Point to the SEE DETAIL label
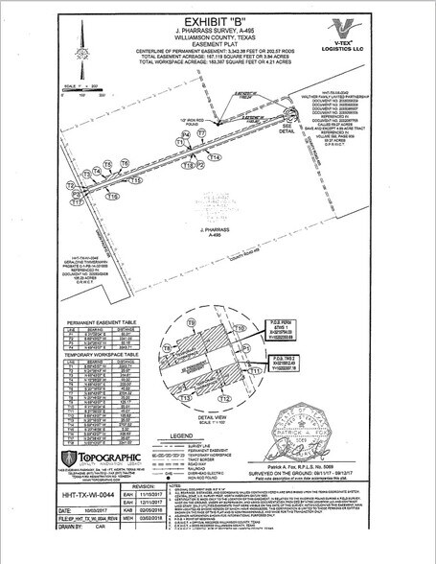(x=286, y=130)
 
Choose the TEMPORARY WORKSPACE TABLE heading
(x=104, y=354)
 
